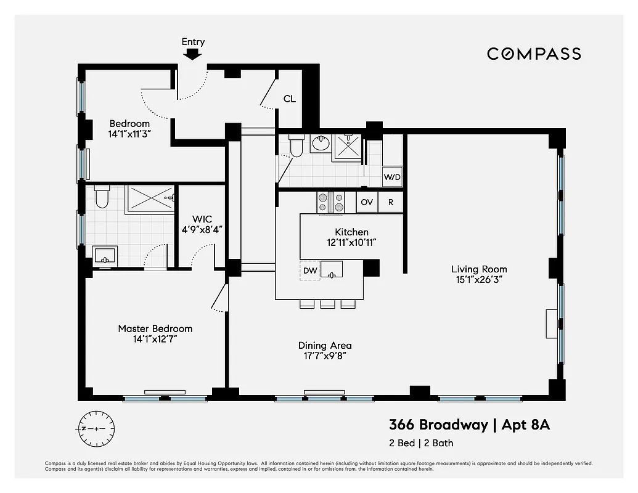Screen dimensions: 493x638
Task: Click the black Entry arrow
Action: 193,54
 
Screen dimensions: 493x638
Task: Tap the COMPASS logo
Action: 534,54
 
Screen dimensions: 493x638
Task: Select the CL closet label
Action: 289,99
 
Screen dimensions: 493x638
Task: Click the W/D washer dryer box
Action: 392,177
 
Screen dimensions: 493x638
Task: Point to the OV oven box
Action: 367,202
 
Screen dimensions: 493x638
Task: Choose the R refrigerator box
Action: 390,202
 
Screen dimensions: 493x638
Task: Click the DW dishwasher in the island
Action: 310,270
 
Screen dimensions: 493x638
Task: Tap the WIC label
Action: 202,219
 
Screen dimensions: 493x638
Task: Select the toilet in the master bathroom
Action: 102,197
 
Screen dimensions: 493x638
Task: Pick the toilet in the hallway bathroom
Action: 297,145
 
